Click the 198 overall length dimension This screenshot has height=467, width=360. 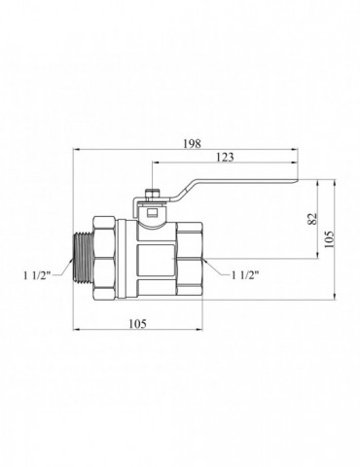193,144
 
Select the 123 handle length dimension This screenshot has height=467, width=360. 225,158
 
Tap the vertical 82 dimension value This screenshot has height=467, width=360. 311,219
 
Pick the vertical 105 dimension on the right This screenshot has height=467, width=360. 329,239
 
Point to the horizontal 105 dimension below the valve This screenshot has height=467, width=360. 138,324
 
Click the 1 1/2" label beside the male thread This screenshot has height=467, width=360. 37,276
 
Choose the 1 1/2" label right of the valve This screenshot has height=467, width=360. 245,275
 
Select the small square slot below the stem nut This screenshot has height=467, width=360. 152,213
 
